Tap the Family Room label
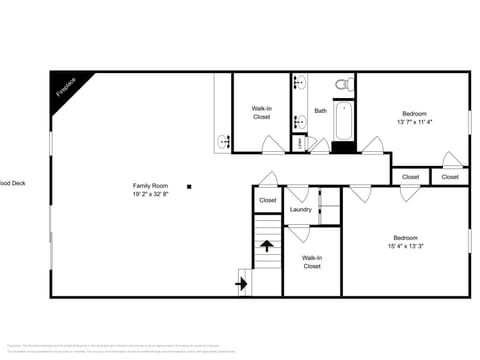(x=151, y=185)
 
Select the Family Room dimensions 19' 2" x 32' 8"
(x=151, y=194)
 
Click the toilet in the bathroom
(x=341, y=82)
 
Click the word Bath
(x=320, y=111)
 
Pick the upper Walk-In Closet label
(x=261, y=112)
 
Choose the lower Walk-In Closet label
(x=311, y=262)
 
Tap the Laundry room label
(x=300, y=209)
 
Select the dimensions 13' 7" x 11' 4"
(x=416, y=122)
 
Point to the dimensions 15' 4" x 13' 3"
(x=405, y=246)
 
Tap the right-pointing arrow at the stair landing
(x=241, y=284)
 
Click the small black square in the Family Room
(x=188, y=185)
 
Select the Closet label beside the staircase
(x=267, y=200)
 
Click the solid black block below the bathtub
(x=343, y=148)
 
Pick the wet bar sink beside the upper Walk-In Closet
(x=222, y=141)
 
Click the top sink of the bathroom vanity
(x=300, y=83)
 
